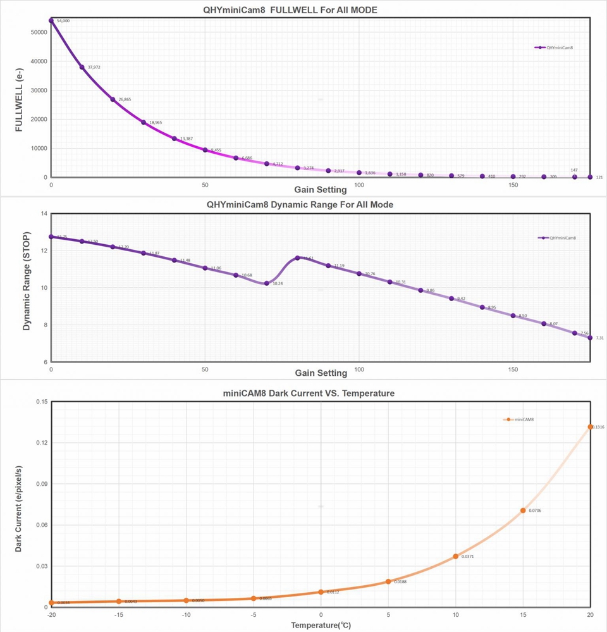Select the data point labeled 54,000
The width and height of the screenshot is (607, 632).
(51, 20)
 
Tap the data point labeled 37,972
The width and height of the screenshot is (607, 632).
(82, 67)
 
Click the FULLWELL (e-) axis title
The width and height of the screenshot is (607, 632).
(19, 99)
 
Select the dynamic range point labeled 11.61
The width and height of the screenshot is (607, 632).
(297, 257)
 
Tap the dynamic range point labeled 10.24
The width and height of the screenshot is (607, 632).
(267, 283)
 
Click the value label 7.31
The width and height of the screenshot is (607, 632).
(599, 338)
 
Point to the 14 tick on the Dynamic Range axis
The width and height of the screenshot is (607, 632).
(44, 214)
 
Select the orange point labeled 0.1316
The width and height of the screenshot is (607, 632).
(591, 427)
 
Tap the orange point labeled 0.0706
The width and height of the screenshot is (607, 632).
(523, 511)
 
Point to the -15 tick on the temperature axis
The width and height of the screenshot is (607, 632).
(118, 615)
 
